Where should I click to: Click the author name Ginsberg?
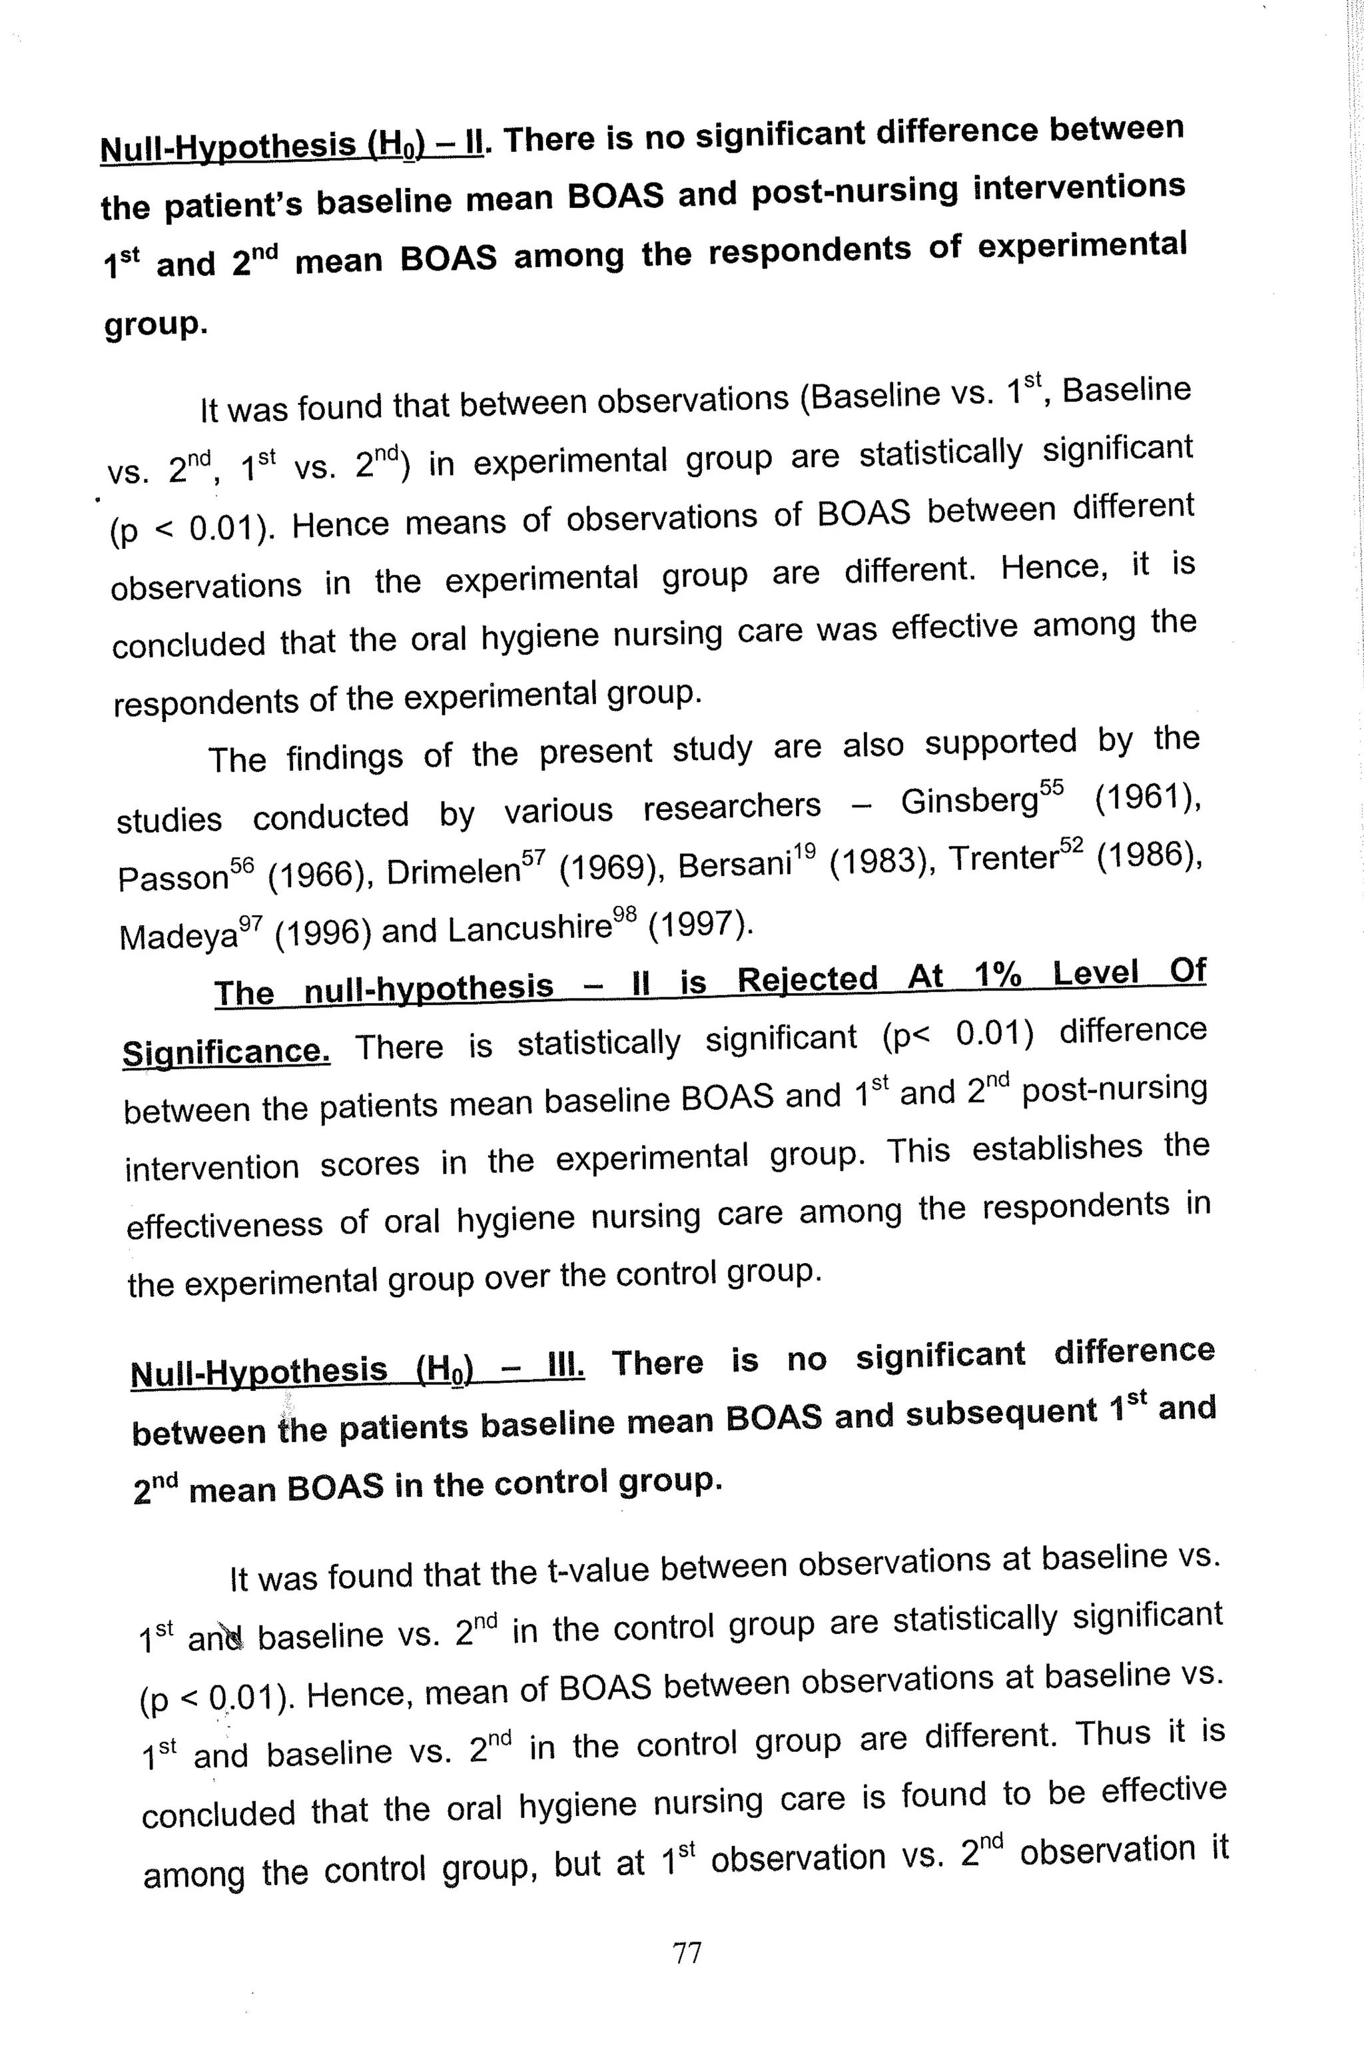click(969, 802)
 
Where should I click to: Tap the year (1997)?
click(701, 924)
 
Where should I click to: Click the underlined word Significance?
click(226, 1052)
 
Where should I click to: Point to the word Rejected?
click(807, 981)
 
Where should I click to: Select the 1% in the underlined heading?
click(998, 975)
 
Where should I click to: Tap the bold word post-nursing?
click(855, 193)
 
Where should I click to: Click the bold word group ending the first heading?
click(154, 325)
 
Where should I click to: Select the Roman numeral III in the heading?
click(565, 1365)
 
